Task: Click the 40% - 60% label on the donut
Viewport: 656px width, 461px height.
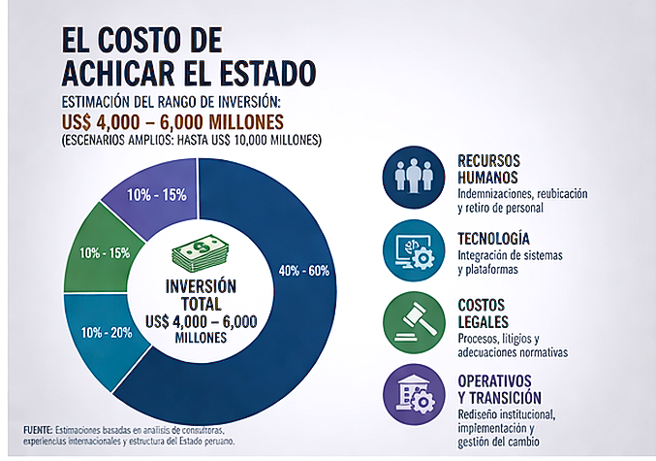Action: tap(305, 269)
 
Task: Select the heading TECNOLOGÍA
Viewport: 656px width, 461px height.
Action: tap(494, 238)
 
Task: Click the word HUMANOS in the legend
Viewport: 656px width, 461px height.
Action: tap(487, 178)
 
